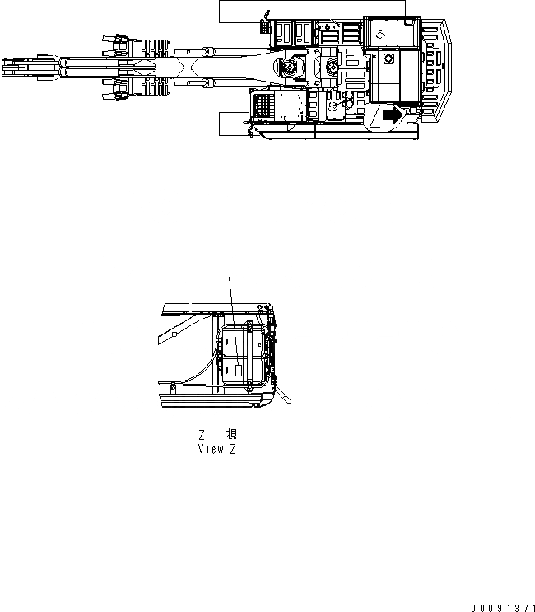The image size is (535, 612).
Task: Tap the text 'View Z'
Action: point(217,449)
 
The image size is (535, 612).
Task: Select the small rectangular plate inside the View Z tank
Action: point(240,370)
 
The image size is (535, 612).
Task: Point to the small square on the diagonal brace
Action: point(174,335)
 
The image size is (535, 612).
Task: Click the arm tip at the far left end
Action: point(12,67)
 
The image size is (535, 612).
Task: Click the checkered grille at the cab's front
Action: point(263,107)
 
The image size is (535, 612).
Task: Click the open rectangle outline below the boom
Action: point(234,123)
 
